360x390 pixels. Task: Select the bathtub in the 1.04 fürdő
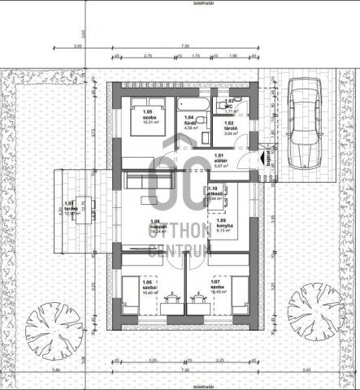192,106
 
